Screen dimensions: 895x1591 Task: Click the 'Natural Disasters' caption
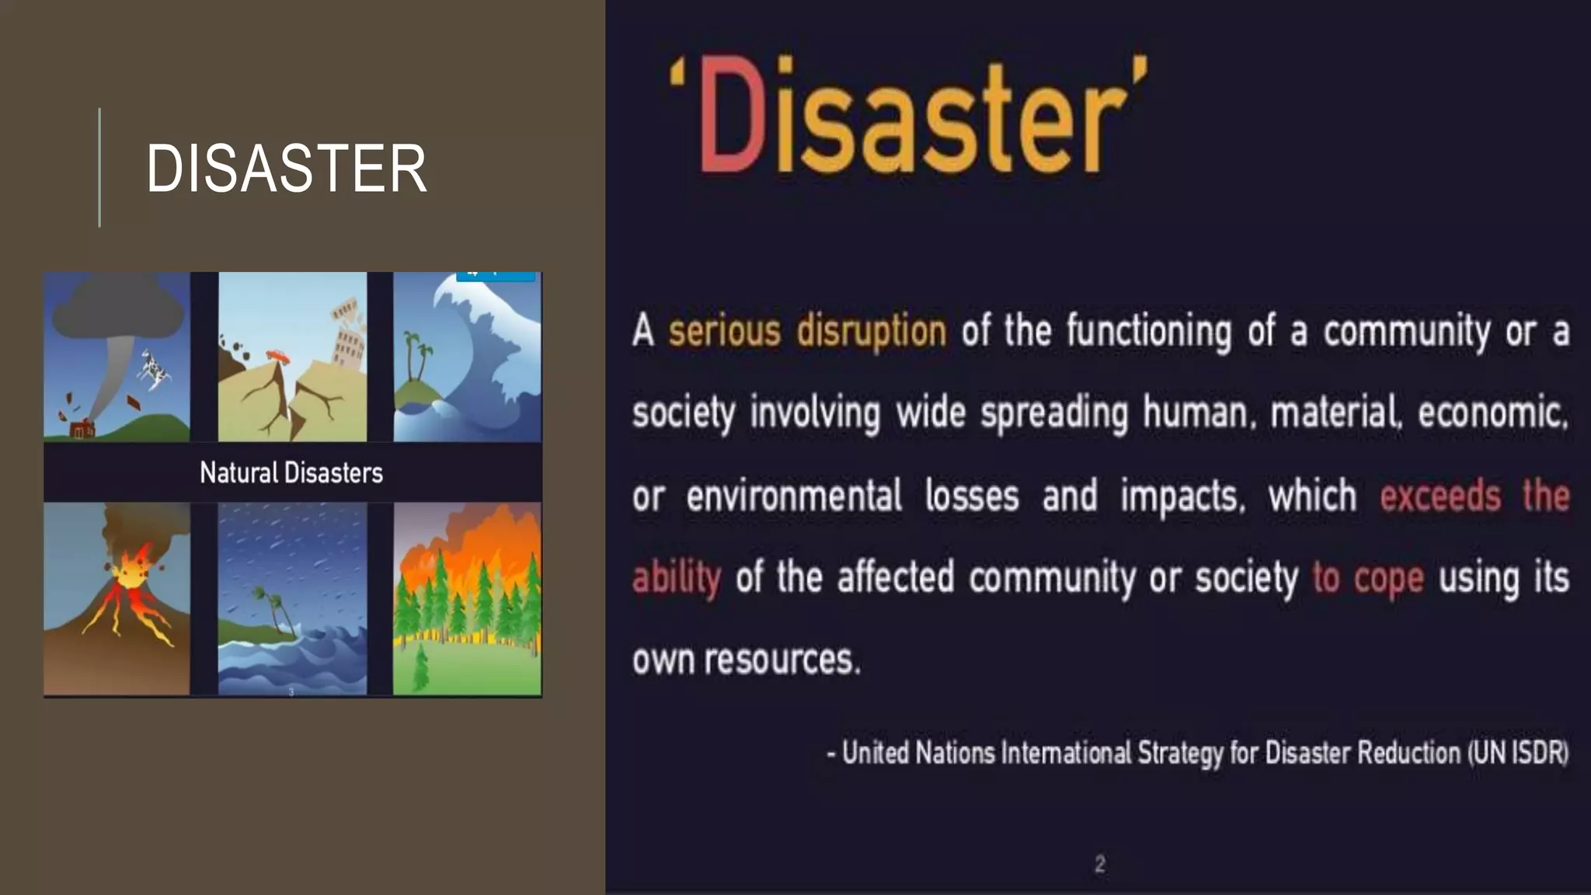291,472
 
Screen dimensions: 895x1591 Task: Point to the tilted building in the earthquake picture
349,334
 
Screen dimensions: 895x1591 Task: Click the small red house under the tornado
82,428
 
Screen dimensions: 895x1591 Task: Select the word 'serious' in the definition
724,331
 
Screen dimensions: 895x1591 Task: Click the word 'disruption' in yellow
871,331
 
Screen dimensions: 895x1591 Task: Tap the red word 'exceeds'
1440,496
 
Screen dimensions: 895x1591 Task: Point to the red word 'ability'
676,578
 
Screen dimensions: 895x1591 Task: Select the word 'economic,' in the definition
1492,413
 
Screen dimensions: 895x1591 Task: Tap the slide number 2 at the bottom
1099,864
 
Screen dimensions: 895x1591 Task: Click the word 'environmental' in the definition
793,496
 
